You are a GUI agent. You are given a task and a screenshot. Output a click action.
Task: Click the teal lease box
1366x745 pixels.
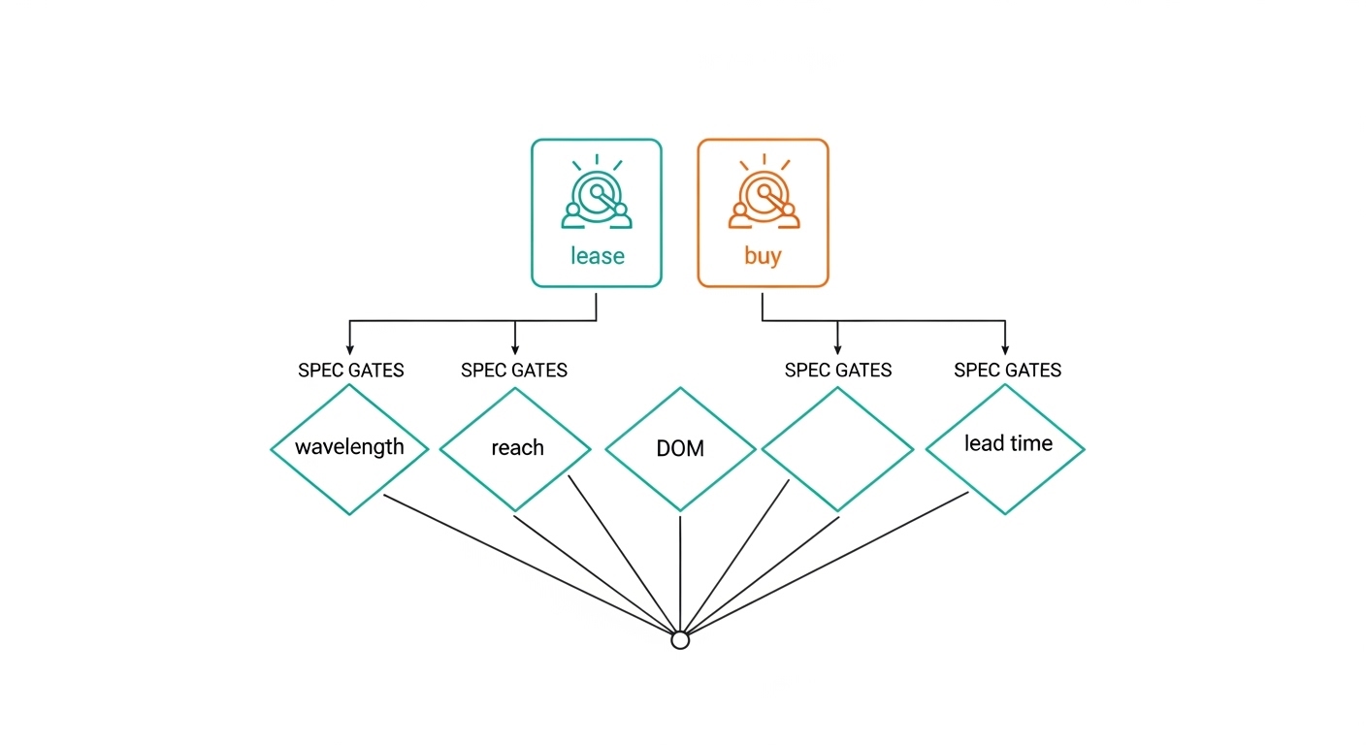[x=596, y=212]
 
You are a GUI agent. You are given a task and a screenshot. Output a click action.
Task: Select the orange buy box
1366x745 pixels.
[x=763, y=212]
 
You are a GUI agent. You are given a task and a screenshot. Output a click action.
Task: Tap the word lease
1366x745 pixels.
[x=597, y=256]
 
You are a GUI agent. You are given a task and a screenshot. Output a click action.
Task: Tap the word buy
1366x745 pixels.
[x=763, y=256]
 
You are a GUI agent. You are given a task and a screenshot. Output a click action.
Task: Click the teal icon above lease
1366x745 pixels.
[x=597, y=195]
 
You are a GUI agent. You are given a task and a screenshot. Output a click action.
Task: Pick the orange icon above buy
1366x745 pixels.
[x=764, y=195]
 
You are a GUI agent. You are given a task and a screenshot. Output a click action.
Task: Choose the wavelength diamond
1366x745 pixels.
[x=349, y=448]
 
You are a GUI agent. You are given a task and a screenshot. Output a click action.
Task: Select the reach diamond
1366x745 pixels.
[x=515, y=449]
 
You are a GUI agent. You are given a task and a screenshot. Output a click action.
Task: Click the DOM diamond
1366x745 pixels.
[x=680, y=449]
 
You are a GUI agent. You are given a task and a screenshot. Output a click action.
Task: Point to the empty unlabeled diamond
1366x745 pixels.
[x=837, y=449]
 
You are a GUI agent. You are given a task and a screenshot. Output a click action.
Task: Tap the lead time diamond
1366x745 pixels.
[x=1005, y=448]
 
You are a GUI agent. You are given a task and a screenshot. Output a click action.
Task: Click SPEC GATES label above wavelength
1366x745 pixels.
[x=350, y=371]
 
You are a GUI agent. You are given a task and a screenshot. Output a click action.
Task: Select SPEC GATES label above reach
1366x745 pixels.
[x=514, y=371]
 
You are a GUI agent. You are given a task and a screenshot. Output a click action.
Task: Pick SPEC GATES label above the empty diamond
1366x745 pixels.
[x=837, y=371]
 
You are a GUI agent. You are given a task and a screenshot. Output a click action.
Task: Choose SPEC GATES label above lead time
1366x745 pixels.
[x=1007, y=371]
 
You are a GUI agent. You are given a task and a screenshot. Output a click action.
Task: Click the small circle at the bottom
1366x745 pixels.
[x=680, y=640]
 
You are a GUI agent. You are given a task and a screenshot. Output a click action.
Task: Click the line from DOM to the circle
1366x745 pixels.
[x=680, y=572]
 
